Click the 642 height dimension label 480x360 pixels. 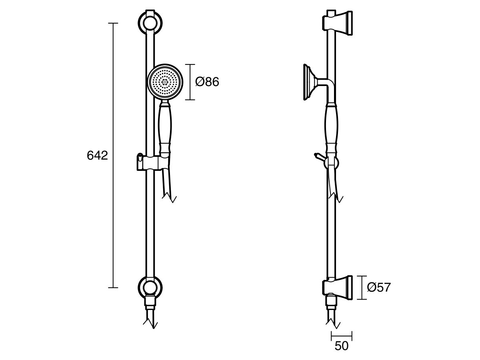pyautogui.click(x=97, y=156)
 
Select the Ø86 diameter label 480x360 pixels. pyautogui.click(x=207, y=82)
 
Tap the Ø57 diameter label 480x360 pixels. pyautogui.click(x=378, y=287)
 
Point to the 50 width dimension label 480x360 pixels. pyautogui.click(x=342, y=346)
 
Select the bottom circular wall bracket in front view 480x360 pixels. pyautogui.click(x=150, y=287)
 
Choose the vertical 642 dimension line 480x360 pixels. pyautogui.click(x=113, y=156)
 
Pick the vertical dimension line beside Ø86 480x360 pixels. pyautogui.click(x=190, y=82)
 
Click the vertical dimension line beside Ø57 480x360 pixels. pyautogui.click(x=362, y=287)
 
